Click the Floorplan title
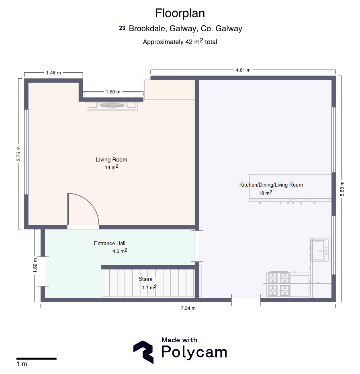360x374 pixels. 180,13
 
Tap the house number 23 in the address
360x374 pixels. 122,28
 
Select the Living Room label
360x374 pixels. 112,160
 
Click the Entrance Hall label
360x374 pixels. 109,243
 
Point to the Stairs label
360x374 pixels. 145,279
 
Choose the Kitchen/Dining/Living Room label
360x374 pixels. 271,185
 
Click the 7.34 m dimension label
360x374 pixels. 188,308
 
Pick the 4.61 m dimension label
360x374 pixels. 243,70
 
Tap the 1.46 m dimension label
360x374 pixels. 53,73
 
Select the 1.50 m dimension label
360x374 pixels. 113,92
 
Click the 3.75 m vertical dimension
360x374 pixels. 18,154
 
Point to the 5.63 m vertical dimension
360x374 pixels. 342,189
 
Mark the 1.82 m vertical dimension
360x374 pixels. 35,265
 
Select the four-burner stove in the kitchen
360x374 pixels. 279,284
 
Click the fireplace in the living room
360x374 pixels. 112,106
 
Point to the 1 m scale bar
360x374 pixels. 36,358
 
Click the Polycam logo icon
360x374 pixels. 143,352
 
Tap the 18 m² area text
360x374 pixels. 266,193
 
